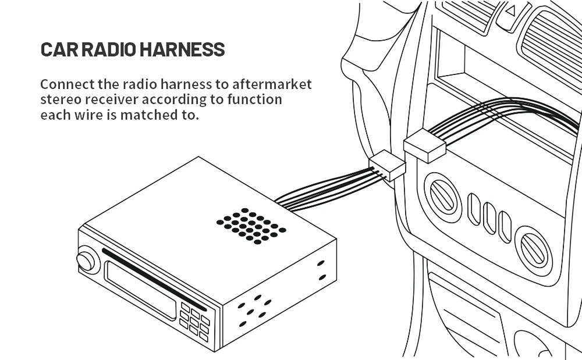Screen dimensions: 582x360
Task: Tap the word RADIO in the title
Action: [x=109, y=49]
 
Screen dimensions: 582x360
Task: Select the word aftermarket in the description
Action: [x=272, y=84]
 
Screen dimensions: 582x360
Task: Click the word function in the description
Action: [x=255, y=99]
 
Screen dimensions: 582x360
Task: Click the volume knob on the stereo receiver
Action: [x=86, y=261]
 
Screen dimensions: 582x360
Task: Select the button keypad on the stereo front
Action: [x=194, y=322]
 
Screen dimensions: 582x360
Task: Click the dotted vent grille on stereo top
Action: [x=251, y=226]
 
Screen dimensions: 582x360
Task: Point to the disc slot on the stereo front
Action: [x=154, y=280]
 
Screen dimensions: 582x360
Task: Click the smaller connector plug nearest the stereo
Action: [x=387, y=165]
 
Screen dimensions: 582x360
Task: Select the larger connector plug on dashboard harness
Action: [x=425, y=146]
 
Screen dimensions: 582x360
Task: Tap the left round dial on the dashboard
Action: [x=442, y=197]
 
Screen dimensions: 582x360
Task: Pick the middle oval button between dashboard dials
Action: [x=489, y=218]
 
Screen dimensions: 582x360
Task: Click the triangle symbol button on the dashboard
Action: [x=512, y=12]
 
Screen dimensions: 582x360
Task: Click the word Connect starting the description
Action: [x=68, y=84]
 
